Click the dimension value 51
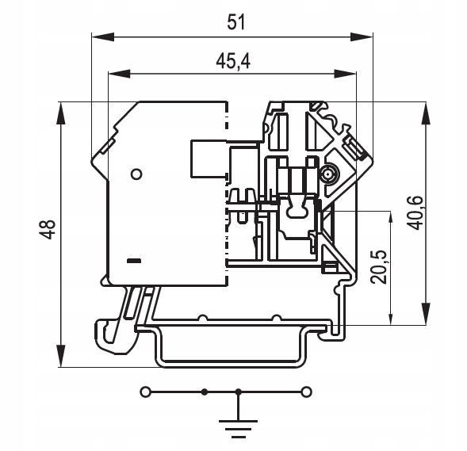pyautogui.click(x=236, y=22)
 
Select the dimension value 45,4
pyautogui.click(x=233, y=61)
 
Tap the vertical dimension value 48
pyautogui.click(x=48, y=229)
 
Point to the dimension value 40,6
pyautogui.click(x=415, y=212)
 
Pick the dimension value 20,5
pyautogui.click(x=378, y=267)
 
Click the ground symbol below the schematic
pyautogui.click(x=239, y=429)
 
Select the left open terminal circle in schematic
pyautogui.click(x=145, y=392)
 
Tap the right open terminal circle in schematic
pyautogui.click(x=306, y=392)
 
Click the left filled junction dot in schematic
pyautogui.click(x=205, y=392)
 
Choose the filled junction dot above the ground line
pyautogui.click(x=239, y=392)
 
